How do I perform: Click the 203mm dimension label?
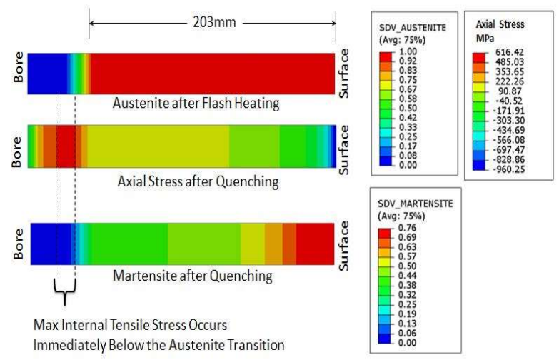tap(212, 21)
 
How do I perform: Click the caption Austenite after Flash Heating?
tap(196, 103)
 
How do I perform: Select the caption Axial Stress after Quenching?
tap(198, 181)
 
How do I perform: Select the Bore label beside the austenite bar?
tap(17, 72)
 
